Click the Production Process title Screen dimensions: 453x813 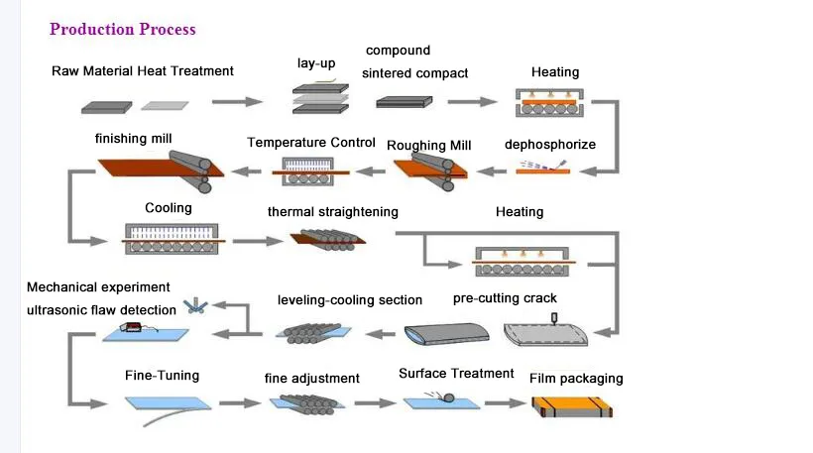[123, 29]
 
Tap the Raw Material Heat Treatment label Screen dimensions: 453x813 [143, 70]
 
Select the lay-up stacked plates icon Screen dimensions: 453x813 [319, 98]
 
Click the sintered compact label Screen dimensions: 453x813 [415, 73]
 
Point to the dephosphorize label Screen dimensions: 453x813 [550, 145]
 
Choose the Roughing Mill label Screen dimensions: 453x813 [429, 146]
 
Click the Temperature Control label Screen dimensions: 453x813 [311, 143]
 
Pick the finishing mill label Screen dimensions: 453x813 [134, 138]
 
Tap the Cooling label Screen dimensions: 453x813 [169, 209]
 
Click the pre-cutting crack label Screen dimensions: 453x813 [505, 298]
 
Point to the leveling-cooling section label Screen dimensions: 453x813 [350, 300]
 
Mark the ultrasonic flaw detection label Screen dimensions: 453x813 [101, 310]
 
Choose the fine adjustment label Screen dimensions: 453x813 [311, 379]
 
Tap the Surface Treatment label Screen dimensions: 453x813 [456, 374]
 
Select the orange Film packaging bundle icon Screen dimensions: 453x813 [573, 407]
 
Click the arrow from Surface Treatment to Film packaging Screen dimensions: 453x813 [503, 403]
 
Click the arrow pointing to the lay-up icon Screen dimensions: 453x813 [238, 101]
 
